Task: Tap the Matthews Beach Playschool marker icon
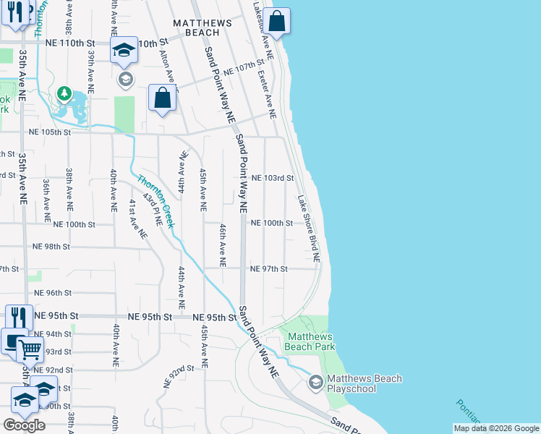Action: pos(315,381)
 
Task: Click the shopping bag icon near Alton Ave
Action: pos(163,98)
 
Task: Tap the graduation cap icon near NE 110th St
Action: pos(124,50)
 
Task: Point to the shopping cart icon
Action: pos(30,350)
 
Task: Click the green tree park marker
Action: pos(64,93)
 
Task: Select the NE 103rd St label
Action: pos(273,178)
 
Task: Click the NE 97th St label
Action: pos(269,269)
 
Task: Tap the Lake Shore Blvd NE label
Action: pos(308,228)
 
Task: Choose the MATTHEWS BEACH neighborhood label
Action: pos(203,27)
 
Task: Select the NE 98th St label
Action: pos(51,247)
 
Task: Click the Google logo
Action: pos(24,425)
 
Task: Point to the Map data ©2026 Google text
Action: pos(495,428)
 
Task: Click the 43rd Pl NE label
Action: pos(150,206)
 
